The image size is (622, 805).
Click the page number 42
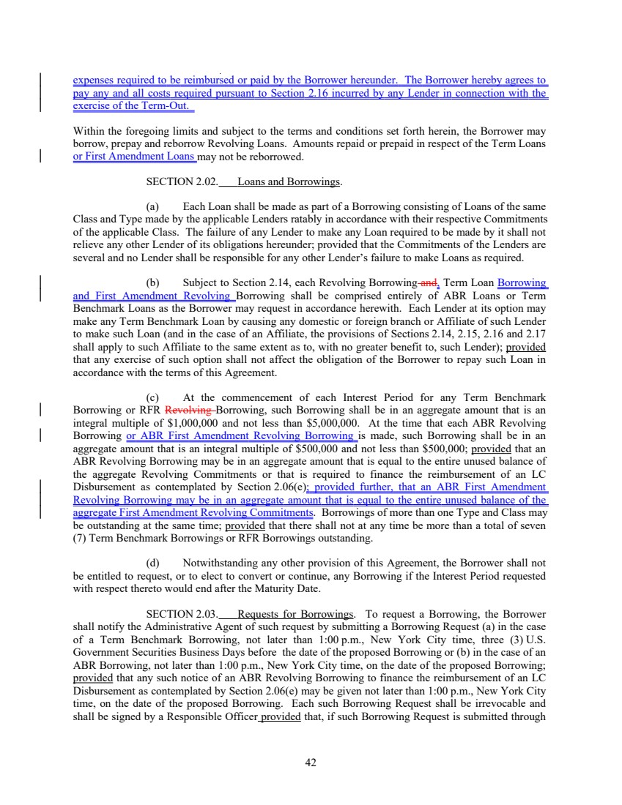pos(311,763)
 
